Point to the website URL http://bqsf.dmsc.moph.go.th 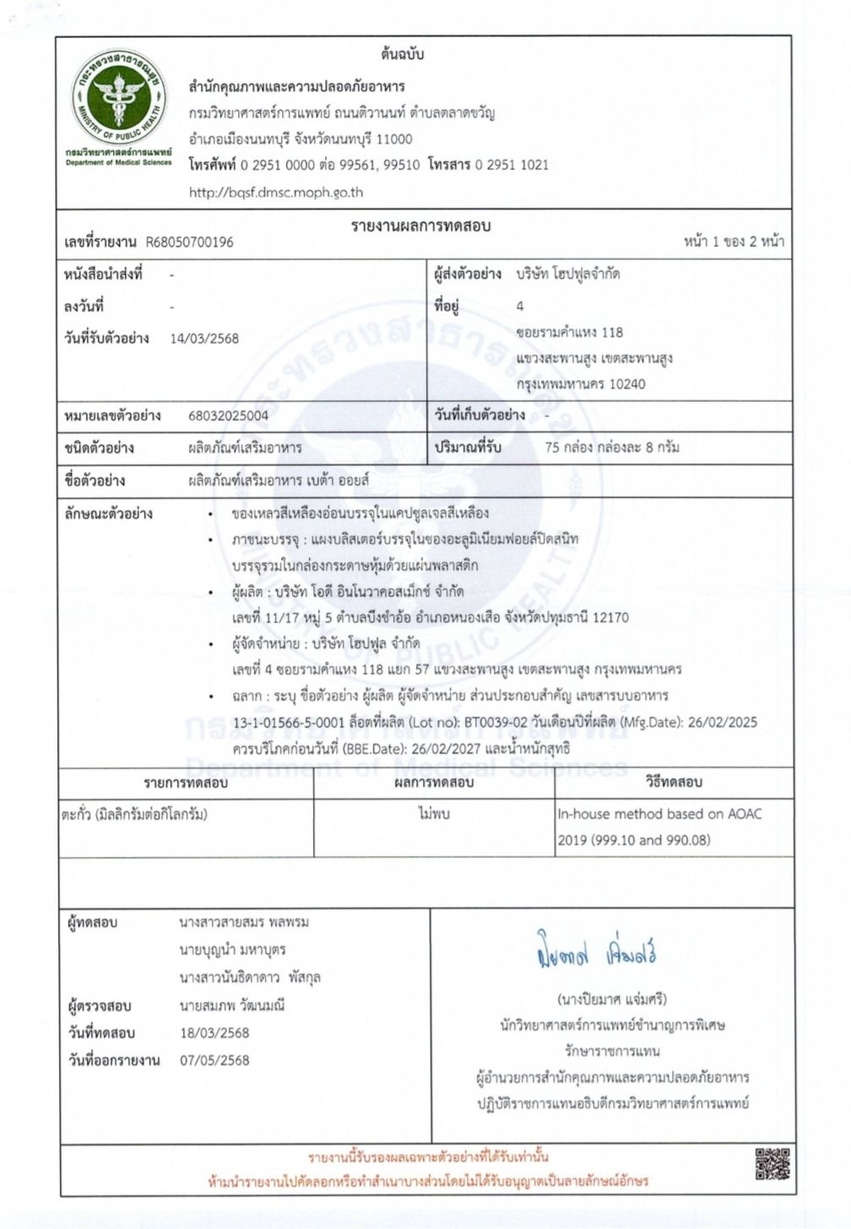[276, 192]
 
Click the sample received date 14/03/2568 [204, 338]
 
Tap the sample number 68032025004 [229, 415]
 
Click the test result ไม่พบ [434, 815]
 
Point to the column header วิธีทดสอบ [674, 782]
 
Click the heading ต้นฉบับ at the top [402, 55]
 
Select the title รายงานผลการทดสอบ [420, 225]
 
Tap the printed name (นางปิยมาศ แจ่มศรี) [613, 999]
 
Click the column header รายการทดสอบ [186, 782]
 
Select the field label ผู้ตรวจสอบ [100, 1006]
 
